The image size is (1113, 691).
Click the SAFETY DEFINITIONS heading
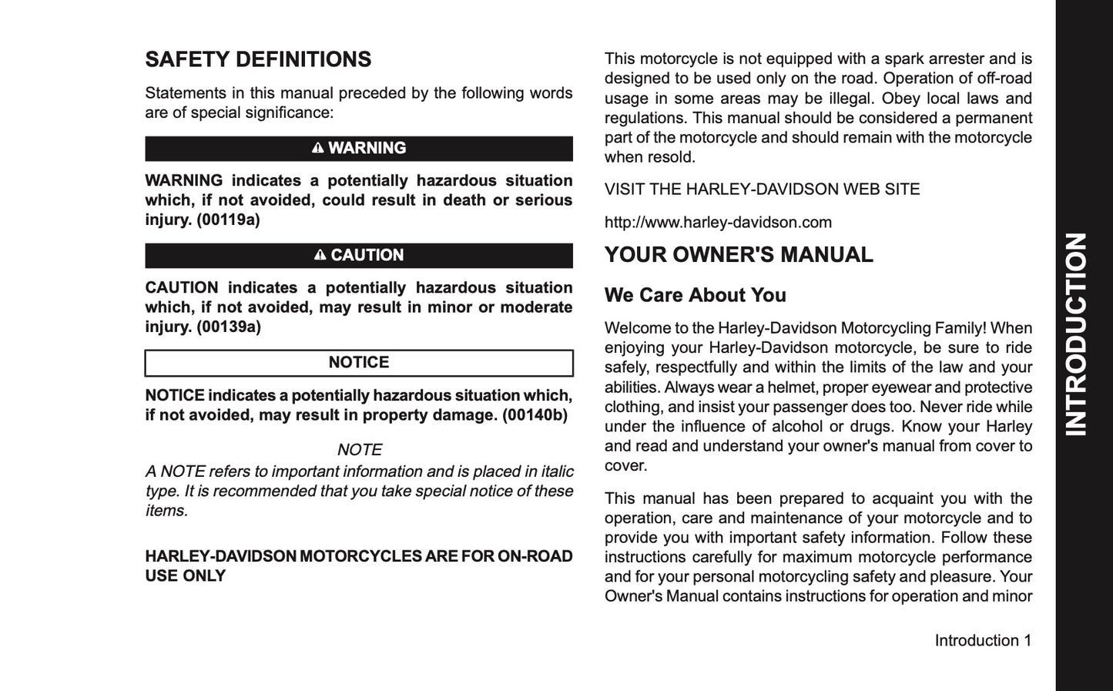point(258,59)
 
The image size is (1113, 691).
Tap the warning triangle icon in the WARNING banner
point(318,148)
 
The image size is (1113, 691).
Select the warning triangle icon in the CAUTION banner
point(320,255)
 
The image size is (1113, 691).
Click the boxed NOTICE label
point(359,363)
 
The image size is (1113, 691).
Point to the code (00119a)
point(228,220)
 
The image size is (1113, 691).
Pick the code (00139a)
point(228,327)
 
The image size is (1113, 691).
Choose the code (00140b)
point(535,415)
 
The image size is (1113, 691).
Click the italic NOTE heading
point(359,450)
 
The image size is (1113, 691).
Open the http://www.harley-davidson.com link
point(718,223)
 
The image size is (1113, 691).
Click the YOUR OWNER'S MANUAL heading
point(739,255)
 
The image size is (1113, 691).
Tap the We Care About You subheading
point(695,295)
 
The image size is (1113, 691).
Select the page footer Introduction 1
point(983,641)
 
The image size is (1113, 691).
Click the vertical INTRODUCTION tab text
point(1076,334)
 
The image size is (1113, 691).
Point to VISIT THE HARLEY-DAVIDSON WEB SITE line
point(762,190)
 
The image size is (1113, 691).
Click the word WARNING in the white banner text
point(367,148)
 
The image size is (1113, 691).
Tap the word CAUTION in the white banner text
point(367,255)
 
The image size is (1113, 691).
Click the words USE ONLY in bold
point(185,576)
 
